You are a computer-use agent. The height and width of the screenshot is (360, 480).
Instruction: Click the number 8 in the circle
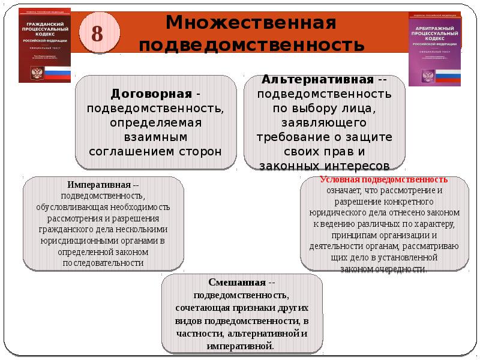click(x=97, y=34)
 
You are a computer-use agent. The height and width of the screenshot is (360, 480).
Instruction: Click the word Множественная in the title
click(x=250, y=24)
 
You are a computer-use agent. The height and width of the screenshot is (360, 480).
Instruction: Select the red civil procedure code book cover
click(x=44, y=46)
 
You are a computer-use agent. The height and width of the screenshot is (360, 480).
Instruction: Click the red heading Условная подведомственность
click(x=384, y=179)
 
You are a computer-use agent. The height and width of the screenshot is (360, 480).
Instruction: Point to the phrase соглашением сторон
click(x=155, y=150)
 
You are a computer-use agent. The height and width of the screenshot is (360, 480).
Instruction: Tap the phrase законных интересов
click(x=325, y=165)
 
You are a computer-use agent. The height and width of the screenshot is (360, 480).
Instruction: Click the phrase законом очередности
click(x=384, y=269)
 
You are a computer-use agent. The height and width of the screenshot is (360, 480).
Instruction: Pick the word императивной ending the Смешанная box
click(x=239, y=347)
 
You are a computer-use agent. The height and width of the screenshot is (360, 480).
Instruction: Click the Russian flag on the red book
click(x=58, y=74)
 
